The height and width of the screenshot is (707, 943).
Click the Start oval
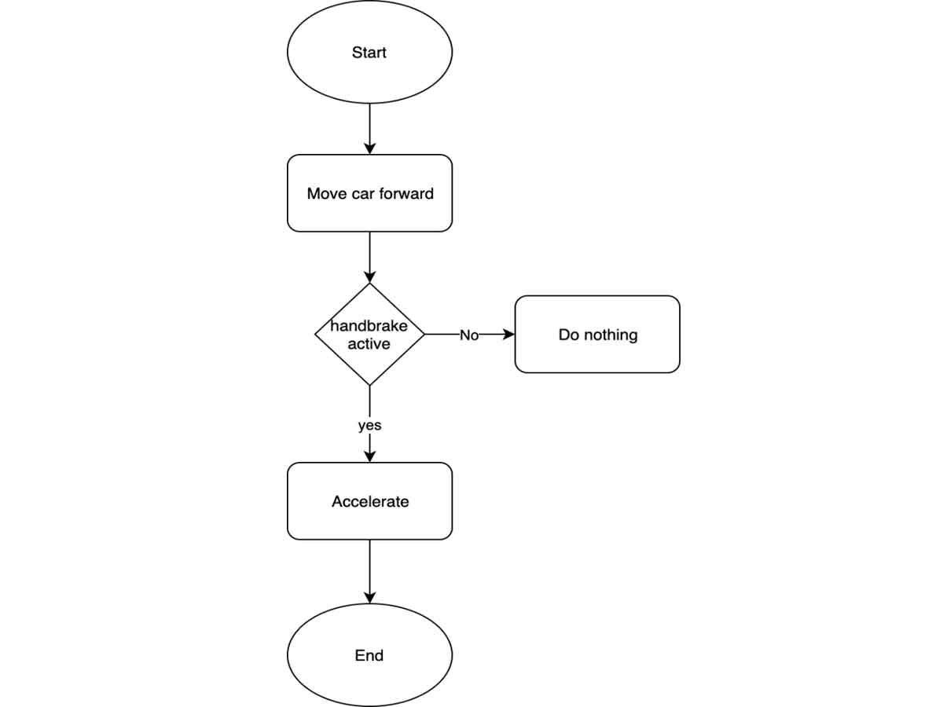(x=369, y=53)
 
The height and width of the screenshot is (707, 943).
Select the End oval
(x=369, y=655)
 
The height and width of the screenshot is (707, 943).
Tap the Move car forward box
(x=369, y=193)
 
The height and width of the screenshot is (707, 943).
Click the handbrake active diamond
(x=369, y=361)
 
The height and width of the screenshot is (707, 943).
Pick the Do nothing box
(x=597, y=335)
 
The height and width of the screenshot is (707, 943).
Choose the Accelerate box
(x=369, y=501)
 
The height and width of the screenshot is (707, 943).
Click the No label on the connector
(x=469, y=335)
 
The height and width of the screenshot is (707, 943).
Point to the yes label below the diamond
(x=369, y=425)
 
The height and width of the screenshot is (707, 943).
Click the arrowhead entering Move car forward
(x=369, y=148)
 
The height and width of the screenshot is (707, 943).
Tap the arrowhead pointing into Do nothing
(x=509, y=335)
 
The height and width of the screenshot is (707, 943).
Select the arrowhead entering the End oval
(x=369, y=598)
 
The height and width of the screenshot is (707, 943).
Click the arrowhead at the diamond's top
(x=369, y=277)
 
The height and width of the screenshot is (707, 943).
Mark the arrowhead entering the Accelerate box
(x=369, y=456)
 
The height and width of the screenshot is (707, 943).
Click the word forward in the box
(x=406, y=193)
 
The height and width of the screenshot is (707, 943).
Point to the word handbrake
(x=369, y=326)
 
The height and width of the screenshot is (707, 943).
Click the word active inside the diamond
(x=369, y=344)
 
